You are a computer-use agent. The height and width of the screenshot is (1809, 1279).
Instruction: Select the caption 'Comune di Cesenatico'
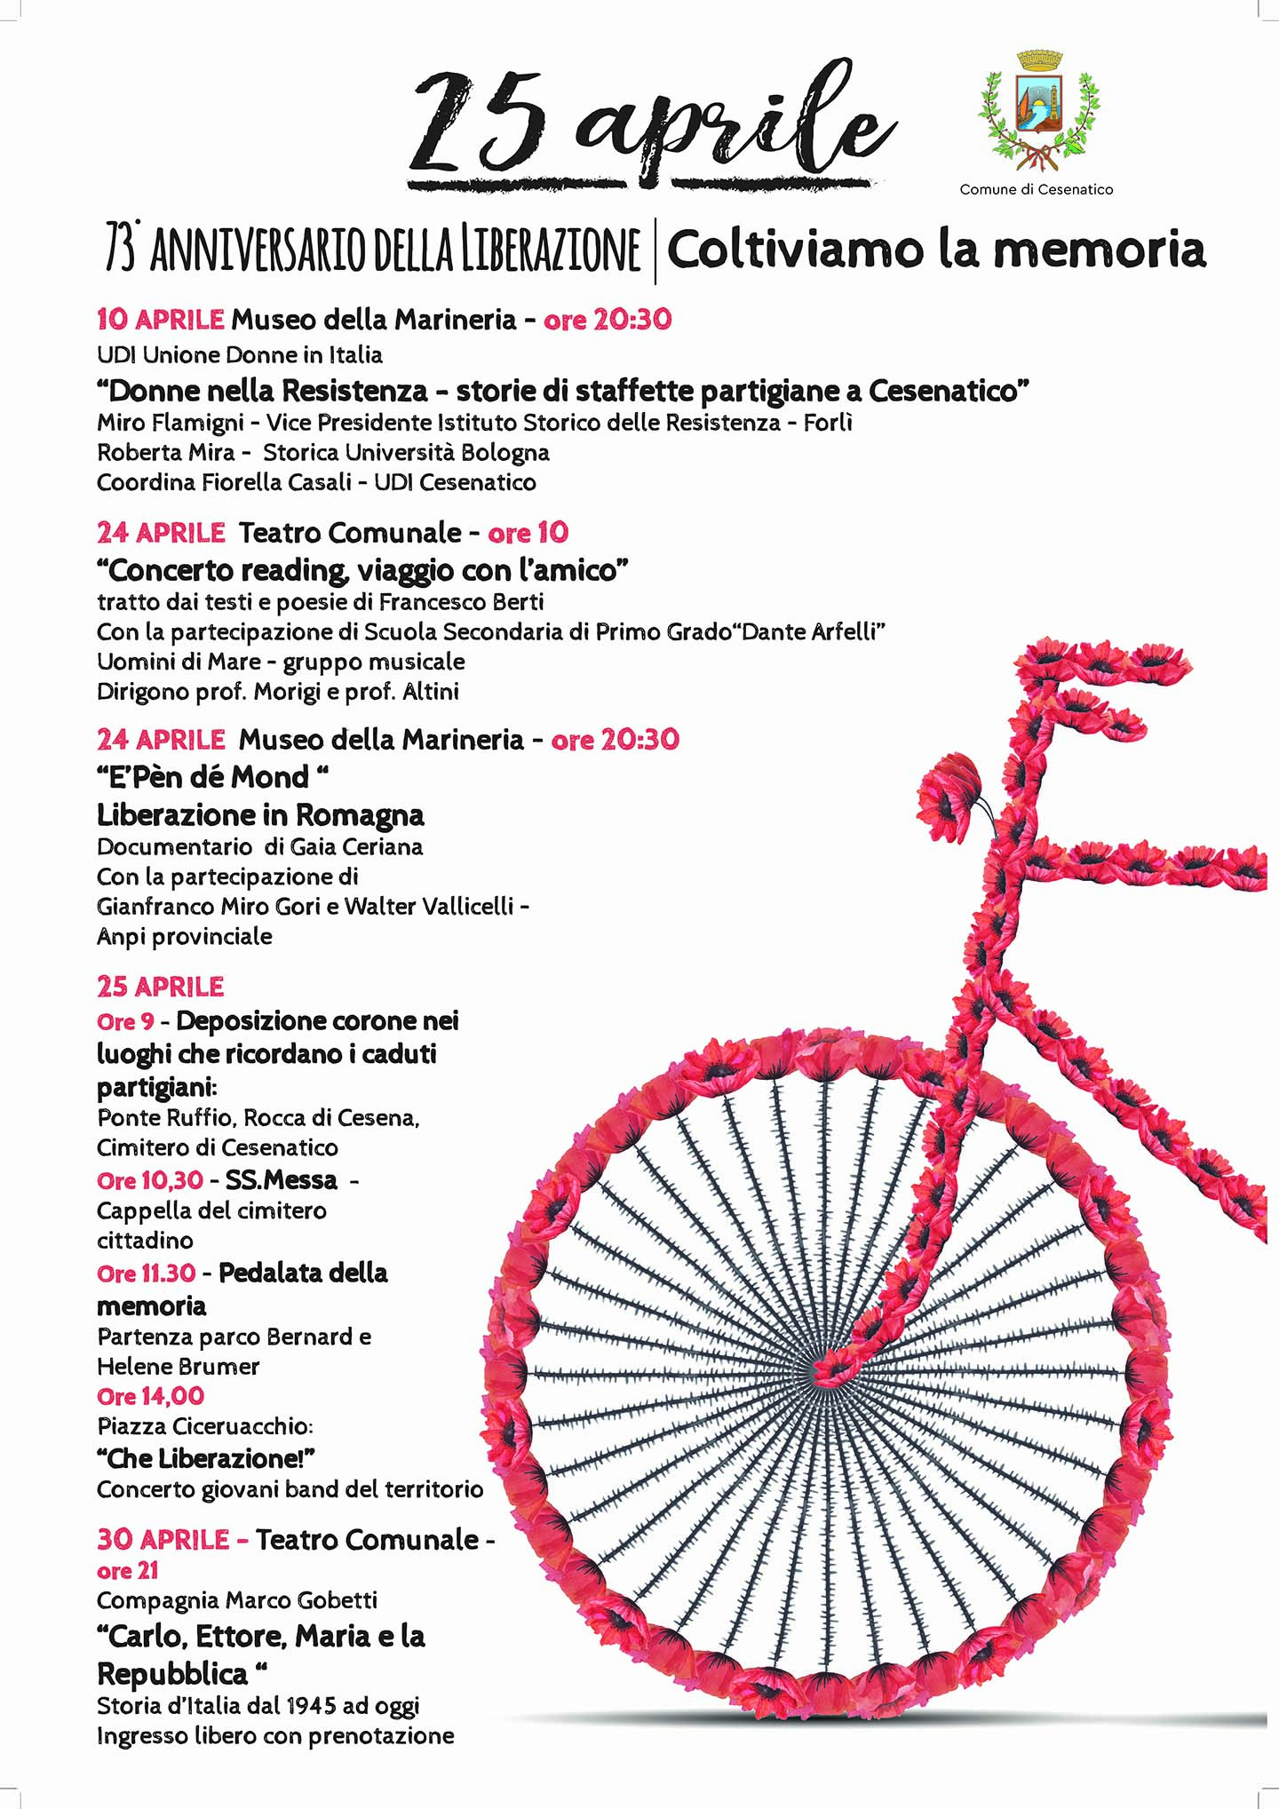1036,189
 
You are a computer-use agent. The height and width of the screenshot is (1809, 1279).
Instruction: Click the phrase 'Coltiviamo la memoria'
936,250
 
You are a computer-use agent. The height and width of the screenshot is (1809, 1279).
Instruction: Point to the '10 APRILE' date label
160,319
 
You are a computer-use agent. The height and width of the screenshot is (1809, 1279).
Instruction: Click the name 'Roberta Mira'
165,452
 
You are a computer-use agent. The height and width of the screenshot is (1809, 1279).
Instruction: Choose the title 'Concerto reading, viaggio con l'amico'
362,569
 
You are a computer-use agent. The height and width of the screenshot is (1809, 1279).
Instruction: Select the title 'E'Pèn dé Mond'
212,777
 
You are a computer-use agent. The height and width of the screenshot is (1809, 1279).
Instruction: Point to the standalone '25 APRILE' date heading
160,987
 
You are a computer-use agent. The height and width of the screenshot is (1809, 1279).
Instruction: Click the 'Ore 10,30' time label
150,1180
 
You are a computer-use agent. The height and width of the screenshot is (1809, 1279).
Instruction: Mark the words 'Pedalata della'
303,1273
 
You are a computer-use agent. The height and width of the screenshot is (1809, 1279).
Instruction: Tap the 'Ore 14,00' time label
150,1396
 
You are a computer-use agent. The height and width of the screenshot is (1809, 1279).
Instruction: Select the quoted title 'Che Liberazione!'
206,1458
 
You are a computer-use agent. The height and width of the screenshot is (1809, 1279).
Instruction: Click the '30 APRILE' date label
163,1539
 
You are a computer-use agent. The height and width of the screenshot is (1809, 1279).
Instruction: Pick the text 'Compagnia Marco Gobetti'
237,1599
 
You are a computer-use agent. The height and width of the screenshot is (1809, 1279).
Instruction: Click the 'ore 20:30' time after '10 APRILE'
608,319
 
